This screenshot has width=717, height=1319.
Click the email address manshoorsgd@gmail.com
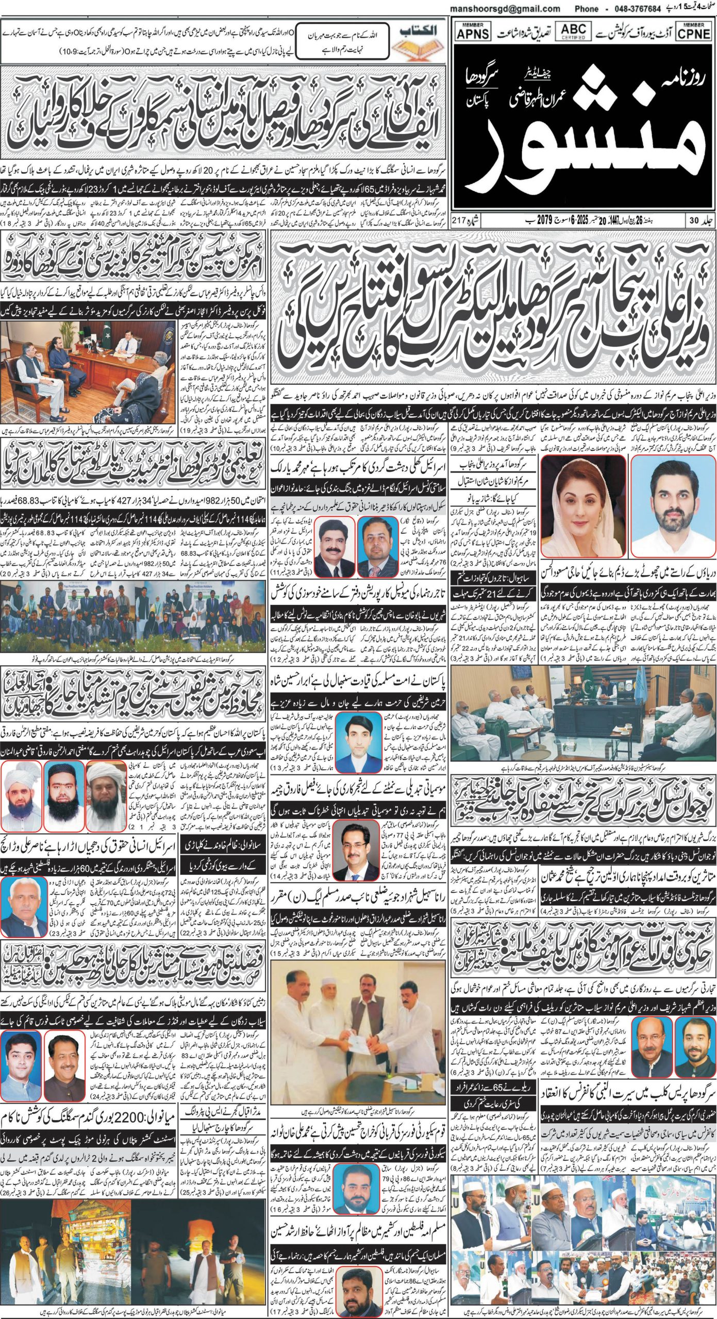(505, 9)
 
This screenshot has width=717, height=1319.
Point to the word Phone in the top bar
(586, 9)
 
